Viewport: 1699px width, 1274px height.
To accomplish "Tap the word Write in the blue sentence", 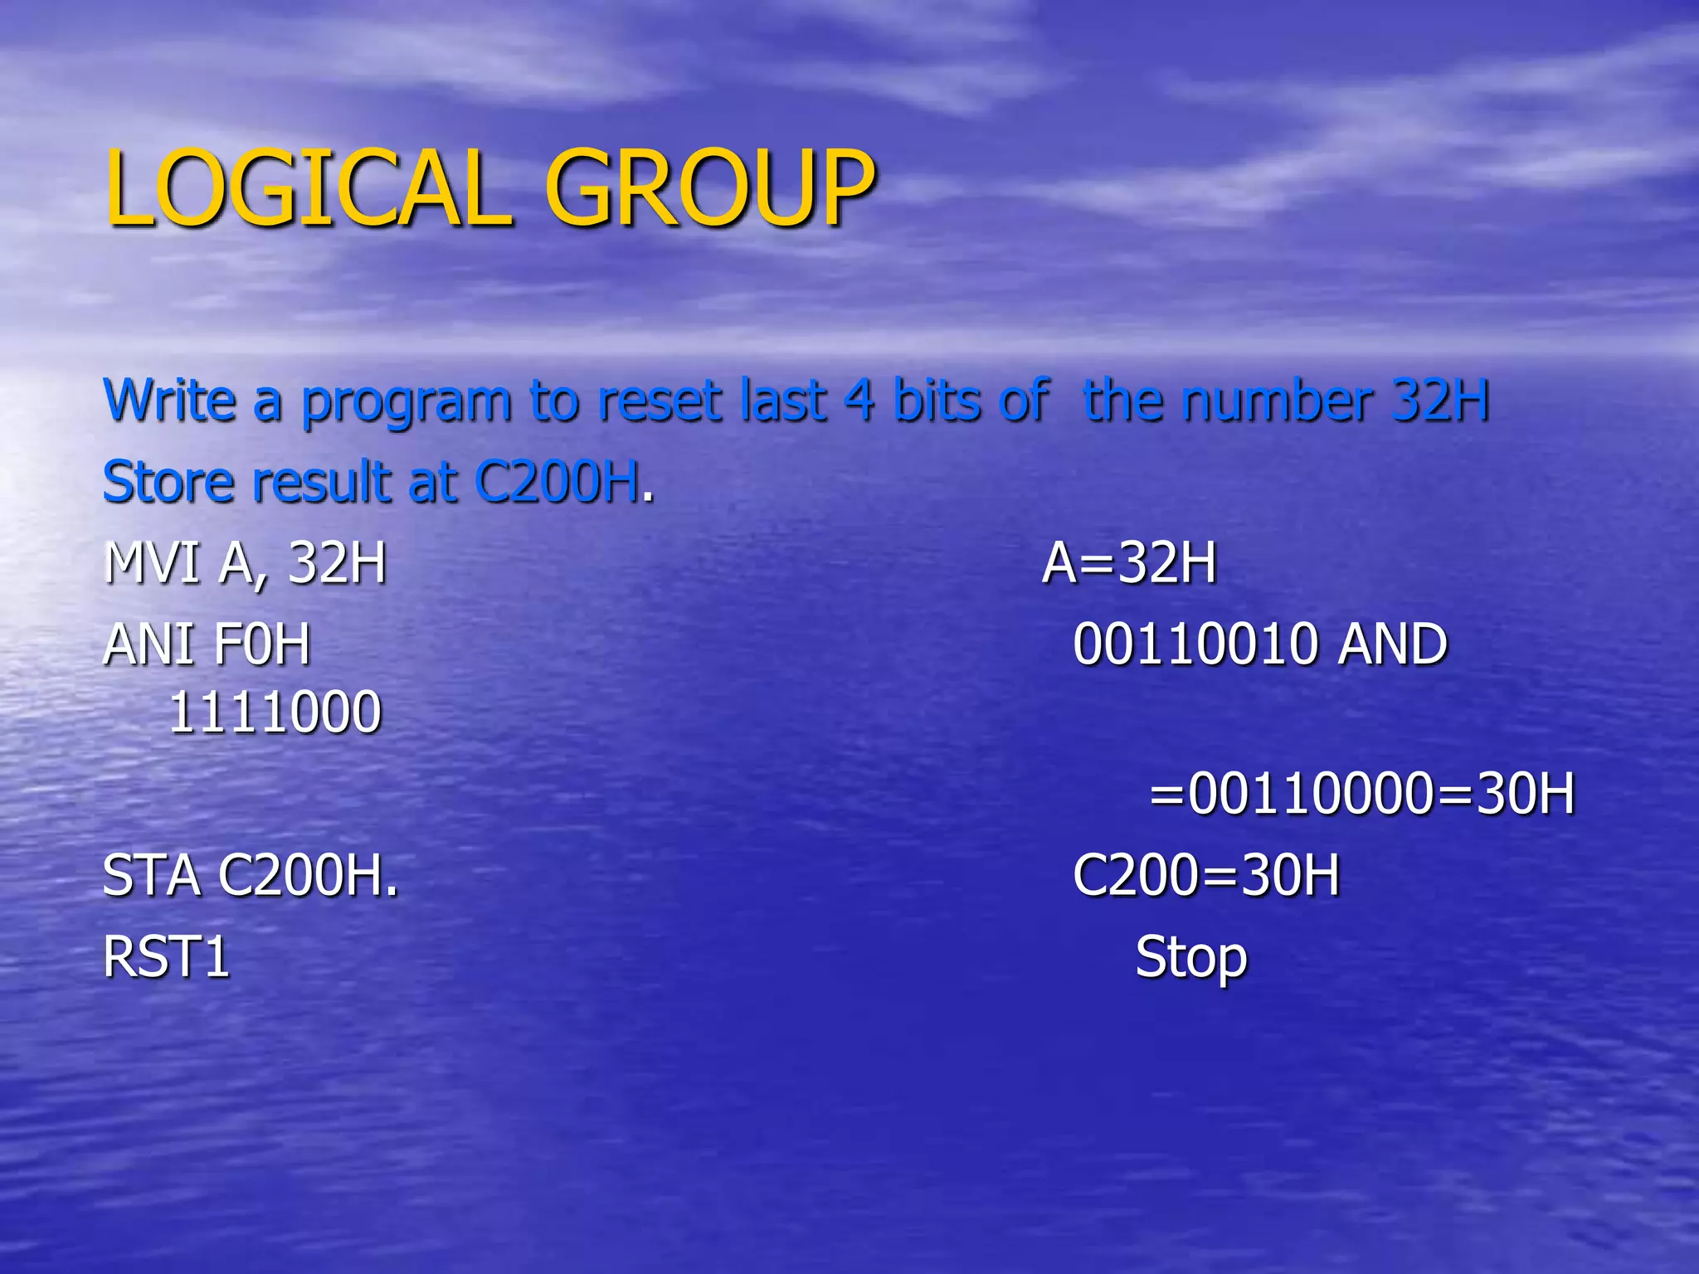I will click(x=170, y=401).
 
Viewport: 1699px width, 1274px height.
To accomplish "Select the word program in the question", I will click(x=406, y=404).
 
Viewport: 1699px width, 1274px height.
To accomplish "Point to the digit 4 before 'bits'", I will click(x=859, y=401).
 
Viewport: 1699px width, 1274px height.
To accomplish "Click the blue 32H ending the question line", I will click(x=1440, y=401).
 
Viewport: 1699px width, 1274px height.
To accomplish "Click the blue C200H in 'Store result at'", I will click(x=557, y=482).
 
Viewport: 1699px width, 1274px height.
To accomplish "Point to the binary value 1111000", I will click(x=275, y=712).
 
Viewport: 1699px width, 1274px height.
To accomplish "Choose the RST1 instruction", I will click(x=166, y=957).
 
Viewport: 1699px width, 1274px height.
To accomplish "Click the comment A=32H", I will click(x=1129, y=563).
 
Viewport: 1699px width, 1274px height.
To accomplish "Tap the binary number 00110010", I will click(x=1195, y=644).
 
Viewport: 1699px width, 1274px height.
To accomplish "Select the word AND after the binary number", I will click(x=1393, y=644).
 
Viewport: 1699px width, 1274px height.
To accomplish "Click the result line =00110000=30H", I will click(x=1361, y=794).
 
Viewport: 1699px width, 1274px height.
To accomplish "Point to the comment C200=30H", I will click(x=1205, y=876).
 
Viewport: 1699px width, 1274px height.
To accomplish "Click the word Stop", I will click(x=1190, y=959).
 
